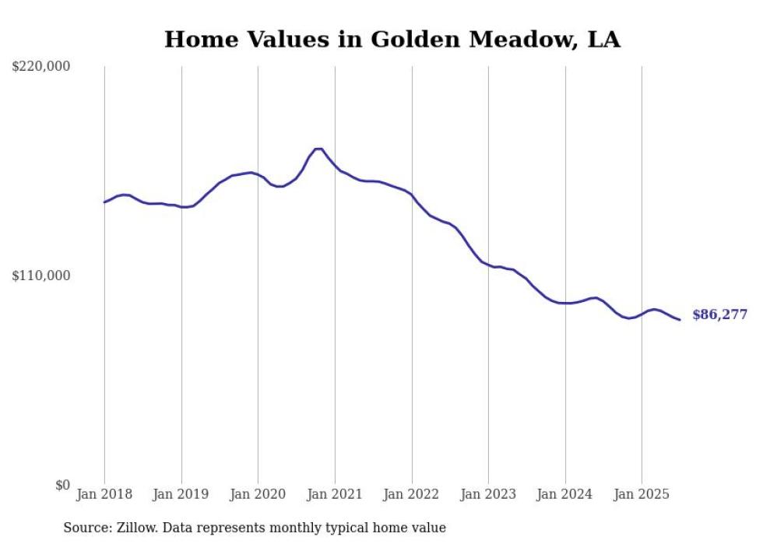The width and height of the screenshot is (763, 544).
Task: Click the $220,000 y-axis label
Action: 41,67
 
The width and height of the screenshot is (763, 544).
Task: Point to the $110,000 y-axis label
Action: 41,276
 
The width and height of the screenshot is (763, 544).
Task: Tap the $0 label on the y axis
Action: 62,485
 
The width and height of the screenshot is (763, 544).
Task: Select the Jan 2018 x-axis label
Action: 104,494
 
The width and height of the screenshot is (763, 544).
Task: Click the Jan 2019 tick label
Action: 181,494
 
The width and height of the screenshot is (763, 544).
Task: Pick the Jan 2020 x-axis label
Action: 258,494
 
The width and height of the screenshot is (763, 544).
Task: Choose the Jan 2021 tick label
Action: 335,494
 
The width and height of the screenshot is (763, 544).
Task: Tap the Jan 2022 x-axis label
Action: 412,494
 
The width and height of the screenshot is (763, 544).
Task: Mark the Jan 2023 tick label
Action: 488,494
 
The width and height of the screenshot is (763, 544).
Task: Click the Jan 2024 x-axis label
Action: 565,494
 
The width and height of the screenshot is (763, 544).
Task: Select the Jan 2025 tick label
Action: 642,494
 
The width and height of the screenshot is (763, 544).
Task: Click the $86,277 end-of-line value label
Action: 719,315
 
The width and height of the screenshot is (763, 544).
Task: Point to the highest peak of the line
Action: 318,149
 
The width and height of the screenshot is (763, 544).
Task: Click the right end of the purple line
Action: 680,320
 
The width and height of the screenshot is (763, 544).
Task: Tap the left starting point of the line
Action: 104,202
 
